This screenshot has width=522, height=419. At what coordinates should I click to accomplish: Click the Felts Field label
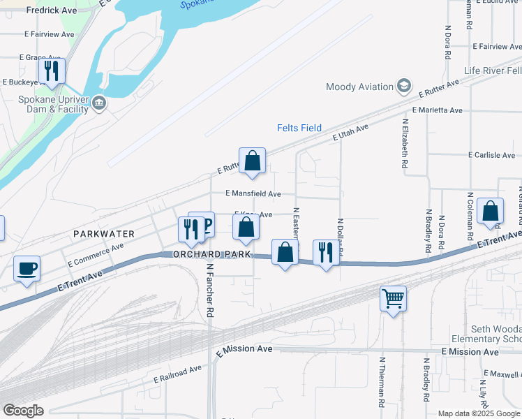pyautogui.click(x=299, y=128)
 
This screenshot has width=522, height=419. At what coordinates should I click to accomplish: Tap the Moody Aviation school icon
pyautogui.click(x=403, y=87)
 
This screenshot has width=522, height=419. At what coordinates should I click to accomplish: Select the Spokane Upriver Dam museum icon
pyautogui.click(x=99, y=104)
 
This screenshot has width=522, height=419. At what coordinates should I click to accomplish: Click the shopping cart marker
pyautogui.click(x=394, y=299)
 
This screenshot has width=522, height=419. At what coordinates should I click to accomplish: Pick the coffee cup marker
pyautogui.click(x=27, y=269)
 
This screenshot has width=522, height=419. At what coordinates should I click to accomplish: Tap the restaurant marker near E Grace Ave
pyautogui.click(x=52, y=71)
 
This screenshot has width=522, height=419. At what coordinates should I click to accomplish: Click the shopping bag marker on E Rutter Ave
pyautogui.click(x=253, y=161)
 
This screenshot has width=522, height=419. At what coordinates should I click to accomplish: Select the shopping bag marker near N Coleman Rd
pyautogui.click(x=491, y=211)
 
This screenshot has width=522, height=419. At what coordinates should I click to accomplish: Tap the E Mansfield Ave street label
pyautogui.click(x=253, y=193)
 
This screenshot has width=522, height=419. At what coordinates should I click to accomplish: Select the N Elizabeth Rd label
pyautogui.click(x=405, y=143)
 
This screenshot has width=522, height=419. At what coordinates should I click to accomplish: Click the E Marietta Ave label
pyautogui.click(x=437, y=110)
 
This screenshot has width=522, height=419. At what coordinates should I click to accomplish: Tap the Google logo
pyautogui.click(x=24, y=410)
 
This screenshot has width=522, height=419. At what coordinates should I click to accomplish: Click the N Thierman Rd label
pyautogui.click(x=382, y=382)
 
